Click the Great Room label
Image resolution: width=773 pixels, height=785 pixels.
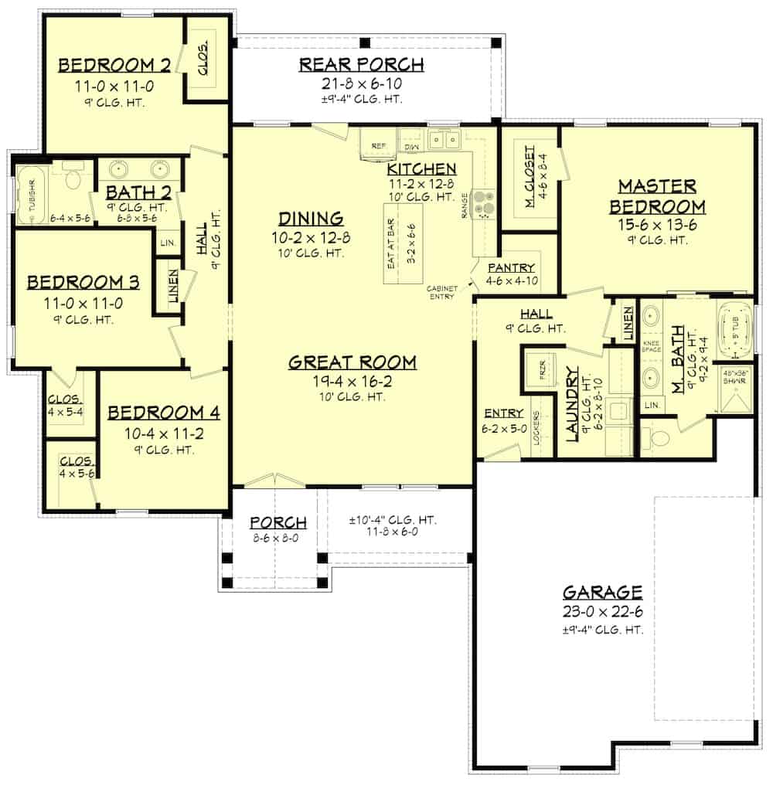pyautogui.click(x=352, y=362)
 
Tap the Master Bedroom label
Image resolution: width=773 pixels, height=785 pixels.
pyautogui.click(x=657, y=196)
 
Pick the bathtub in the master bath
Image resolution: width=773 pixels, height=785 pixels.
pyautogui.click(x=734, y=332)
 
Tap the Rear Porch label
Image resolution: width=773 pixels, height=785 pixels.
pyautogui.click(x=362, y=65)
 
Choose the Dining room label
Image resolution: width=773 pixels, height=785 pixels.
pyautogui.click(x=311, y=219)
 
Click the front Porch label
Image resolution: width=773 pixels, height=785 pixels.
pyautogui.click(x=278, y=523)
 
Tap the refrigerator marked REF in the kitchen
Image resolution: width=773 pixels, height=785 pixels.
pyautogui.click(x=379, y=144)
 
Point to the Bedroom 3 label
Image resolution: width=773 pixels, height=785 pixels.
pyautogui.click(x=83, y=282)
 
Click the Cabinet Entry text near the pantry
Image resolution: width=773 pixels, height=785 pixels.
pyautogui.click(x=443, y=292)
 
